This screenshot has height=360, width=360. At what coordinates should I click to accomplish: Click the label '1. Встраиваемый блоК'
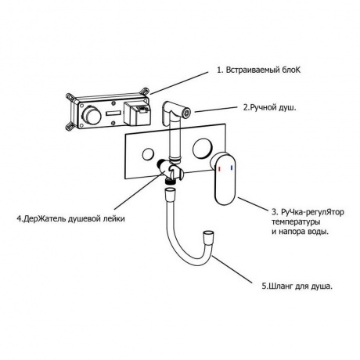(x=259, y=70)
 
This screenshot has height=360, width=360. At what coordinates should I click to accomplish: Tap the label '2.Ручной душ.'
(x=270, y=108)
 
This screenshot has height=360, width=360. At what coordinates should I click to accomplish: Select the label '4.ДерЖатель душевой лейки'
(x=70, y=218)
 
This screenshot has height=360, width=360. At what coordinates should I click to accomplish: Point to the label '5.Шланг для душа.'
(x=297, y=286)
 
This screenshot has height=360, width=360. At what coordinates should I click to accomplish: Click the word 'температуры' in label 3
(x=296, y=222)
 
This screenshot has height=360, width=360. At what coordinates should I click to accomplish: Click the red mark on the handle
(x=219, y=169)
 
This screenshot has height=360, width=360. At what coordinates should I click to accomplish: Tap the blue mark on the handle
(x=232, y=168)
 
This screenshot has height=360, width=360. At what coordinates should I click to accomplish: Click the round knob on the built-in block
(x=92, y=116)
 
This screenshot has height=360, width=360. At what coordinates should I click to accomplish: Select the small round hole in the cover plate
(x=148, y=154)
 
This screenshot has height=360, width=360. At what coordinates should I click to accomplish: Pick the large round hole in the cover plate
(x=203, y=148)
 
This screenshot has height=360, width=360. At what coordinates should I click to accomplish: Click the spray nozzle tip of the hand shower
(x=187, y=113)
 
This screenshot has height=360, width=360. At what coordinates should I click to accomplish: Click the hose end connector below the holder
(x=171, y=193)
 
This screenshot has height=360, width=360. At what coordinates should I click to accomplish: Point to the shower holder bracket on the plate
(x=171, y=171)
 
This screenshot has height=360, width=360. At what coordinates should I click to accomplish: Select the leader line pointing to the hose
(x=232, y=270)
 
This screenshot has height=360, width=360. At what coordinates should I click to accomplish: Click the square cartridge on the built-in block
(x=136, y=113)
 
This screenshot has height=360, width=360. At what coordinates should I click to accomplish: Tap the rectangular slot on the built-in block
(x=113, y=113)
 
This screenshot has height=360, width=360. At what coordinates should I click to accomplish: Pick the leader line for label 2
(x=217, y=110)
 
